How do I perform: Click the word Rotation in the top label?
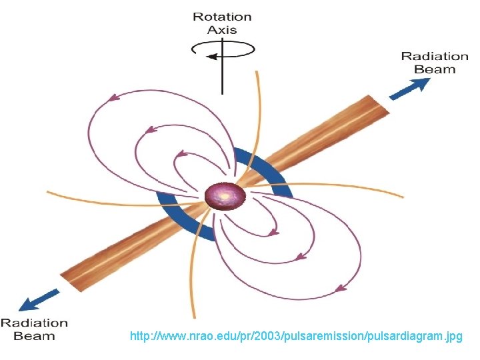[222, 17]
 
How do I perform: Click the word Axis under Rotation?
[222, 30]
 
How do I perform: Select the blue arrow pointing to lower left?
[38, 300]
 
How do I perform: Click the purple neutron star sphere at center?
[225, 197]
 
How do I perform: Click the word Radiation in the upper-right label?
[435, 57]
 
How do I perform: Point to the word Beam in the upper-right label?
[435, 69]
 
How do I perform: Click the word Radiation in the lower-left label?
[34, 323]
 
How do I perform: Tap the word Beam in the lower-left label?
[34, 336]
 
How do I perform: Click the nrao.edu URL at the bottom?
[296, 337]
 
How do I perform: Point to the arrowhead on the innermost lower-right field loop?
[273, 233]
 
